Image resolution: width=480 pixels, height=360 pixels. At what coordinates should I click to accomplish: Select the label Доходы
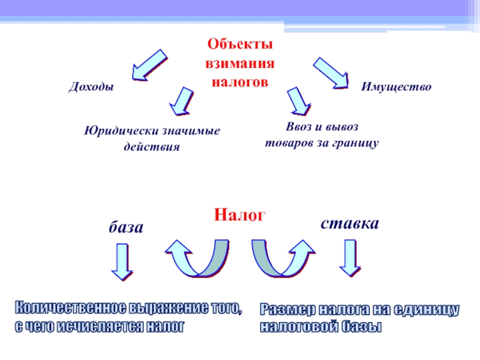click(91, 88)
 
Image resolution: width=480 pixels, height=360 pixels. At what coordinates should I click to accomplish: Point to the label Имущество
click(396, 88)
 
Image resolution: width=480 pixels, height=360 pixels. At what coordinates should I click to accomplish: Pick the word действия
click(151, 146)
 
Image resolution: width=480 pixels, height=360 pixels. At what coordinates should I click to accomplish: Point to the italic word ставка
click(350, 224)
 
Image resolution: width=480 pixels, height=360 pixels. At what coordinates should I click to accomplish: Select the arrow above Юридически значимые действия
click(181, 100)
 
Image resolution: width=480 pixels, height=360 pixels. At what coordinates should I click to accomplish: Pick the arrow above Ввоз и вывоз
click(298, 101)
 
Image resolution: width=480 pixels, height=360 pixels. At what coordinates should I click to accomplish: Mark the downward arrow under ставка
click(350, 258)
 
